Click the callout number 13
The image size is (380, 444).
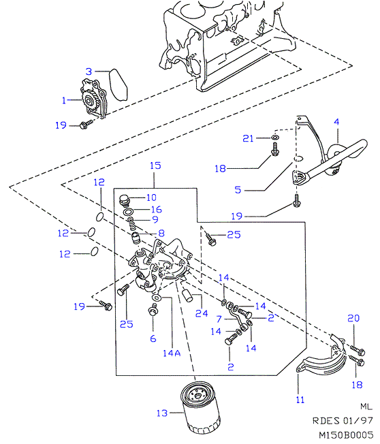162,413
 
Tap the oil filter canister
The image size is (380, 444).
200,407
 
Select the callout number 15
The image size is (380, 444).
155,165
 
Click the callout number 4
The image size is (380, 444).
336,122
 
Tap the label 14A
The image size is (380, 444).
172,353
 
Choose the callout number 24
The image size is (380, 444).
202,313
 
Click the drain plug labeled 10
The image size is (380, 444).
125,200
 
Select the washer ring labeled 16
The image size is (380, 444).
129,212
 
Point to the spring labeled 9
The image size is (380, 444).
131,223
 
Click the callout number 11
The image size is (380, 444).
300,400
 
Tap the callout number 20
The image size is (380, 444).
353,318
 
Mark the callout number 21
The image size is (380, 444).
248,138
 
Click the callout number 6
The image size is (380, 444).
153,338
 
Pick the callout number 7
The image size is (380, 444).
219,319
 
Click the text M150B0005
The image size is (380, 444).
346,435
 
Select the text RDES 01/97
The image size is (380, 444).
343,421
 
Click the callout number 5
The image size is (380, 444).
238,189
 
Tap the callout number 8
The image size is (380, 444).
161,233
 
